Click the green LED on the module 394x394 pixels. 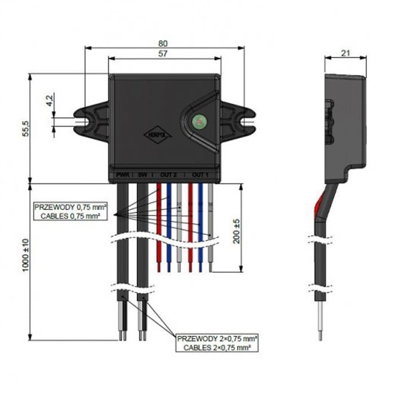click(x=198, y=121)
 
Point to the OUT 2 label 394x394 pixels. click(x=168, y=174)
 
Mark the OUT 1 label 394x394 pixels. click(x=200, y=174)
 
